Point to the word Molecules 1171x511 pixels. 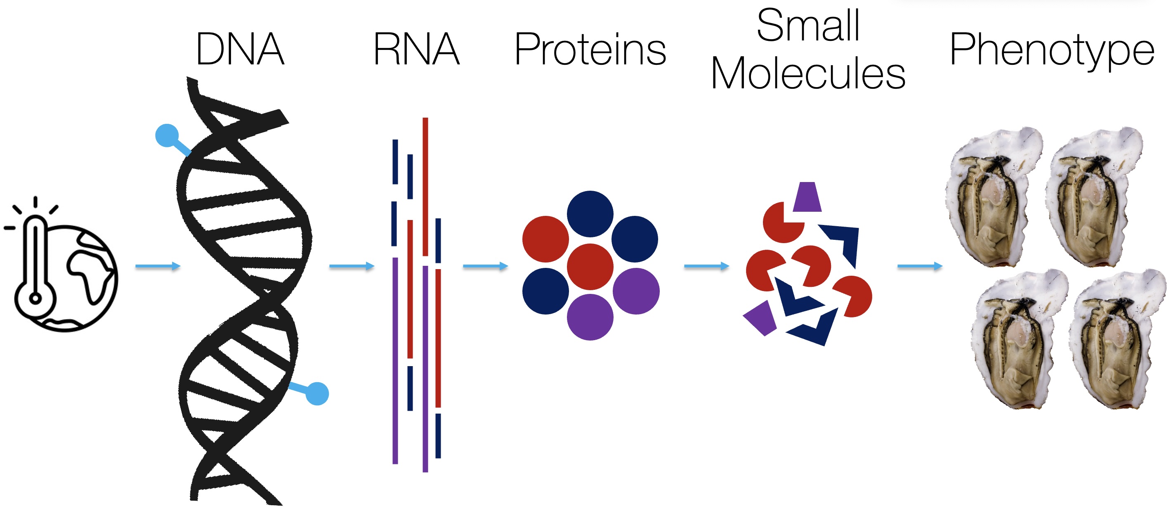[x=808, y=73]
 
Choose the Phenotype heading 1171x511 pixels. [x=1052, y=50]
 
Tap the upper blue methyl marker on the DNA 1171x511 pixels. [x=167, y=135]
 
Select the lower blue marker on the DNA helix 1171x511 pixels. [x=317, y=393]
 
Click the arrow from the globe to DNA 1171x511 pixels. [x=158, y=266]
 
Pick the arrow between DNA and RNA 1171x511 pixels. [x=352, y=266]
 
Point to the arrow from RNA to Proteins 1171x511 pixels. [x=485, y=266]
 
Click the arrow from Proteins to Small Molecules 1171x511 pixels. [x=706, y=266]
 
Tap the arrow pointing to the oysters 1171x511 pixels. [x=920, y=266]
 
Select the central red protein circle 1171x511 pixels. [x=590, y=267]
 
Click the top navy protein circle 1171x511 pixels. [x=590, y=214]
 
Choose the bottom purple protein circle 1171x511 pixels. [x=590, y=317]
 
